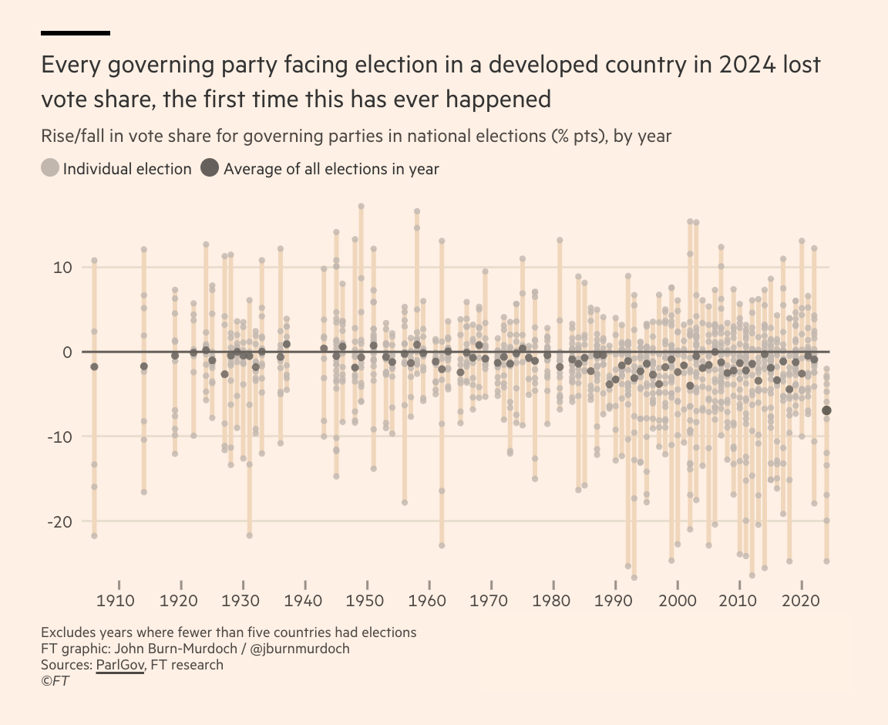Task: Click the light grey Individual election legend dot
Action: pos(50,168)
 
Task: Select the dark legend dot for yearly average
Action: pos(210,168)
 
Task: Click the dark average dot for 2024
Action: pos(827,410)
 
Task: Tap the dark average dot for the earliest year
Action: pos(94,366)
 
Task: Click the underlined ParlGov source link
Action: pos(120,664)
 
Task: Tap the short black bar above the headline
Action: pos(76,33)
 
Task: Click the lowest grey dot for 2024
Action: pos(827,561)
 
